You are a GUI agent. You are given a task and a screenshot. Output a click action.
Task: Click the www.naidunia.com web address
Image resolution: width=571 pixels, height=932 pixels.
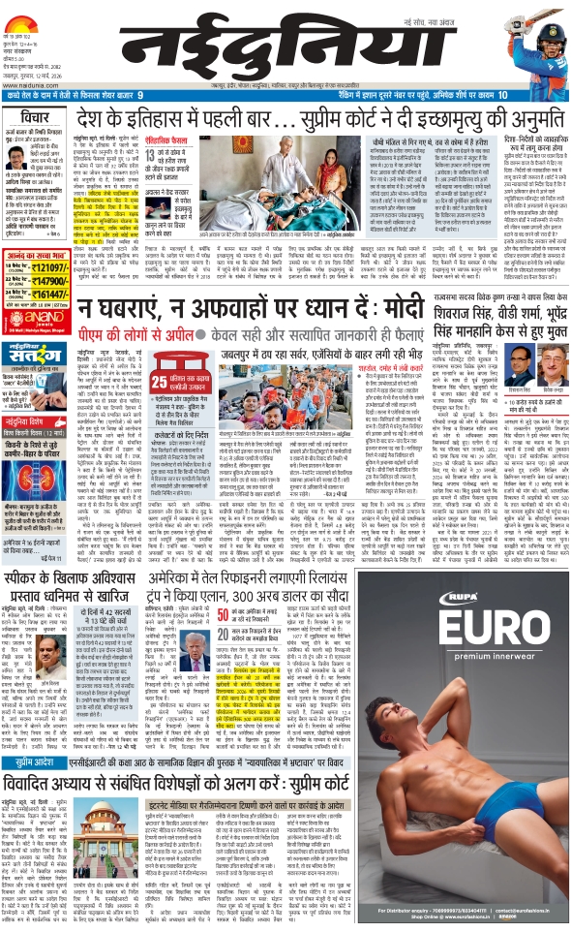[x=28, y=80]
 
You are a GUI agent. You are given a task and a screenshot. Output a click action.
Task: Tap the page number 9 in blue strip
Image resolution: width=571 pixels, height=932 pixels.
[x=140, y=95]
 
